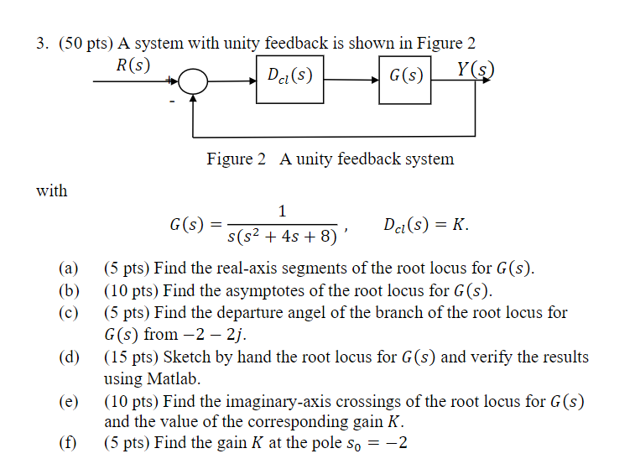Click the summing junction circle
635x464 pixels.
click(x=195, y=82)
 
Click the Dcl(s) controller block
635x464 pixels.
click(x=289, y=78)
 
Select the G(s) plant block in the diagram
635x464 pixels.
click(x=405, y=78)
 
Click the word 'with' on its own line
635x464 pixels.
click(x=51, y=190)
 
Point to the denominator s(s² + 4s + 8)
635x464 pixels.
click(x=281, y=237)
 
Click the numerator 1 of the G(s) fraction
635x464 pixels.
click(x=282, y=211)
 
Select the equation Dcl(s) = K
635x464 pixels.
click(x=425, y=225)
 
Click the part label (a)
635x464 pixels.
click(x=68, y=269)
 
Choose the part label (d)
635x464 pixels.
click(x=68, y=357)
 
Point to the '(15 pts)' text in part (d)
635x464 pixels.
click(x=132, y=357)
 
